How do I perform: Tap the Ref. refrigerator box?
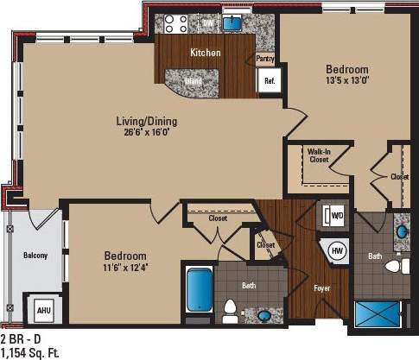269,80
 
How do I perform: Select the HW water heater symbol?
338,249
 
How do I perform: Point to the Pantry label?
265,60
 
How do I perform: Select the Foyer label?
321,287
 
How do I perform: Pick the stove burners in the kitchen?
178,23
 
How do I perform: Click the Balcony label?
35,256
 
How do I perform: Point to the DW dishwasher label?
208,22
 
